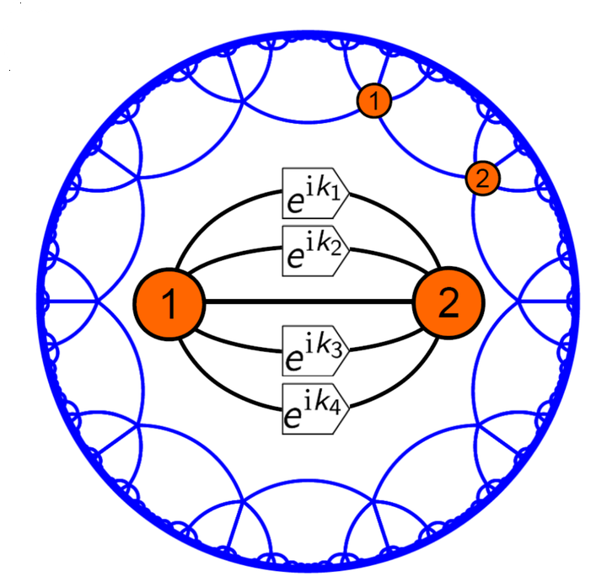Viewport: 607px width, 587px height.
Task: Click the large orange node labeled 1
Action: click(169, 304)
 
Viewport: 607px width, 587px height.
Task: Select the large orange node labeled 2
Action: click(449, 303)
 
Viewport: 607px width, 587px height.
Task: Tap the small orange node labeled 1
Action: click(374, 100)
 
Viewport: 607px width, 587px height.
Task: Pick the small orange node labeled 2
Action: click(483, 179)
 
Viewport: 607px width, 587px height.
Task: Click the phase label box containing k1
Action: click(315, 194)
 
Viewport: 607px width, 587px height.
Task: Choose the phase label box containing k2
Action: click(315, 251)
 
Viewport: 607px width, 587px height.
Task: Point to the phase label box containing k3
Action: click(315, 350)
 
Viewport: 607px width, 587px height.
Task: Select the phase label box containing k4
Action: click(315, 408)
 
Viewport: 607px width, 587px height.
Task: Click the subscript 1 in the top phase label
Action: click(336, 194)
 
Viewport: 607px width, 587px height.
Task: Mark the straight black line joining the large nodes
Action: click(309, 302)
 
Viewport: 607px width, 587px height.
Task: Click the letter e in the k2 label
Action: click(294, 257)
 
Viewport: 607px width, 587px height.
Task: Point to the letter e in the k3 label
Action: click(294, 360)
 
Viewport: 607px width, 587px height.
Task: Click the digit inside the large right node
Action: click(449, 303)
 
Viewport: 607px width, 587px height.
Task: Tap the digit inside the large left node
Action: click(169, 304)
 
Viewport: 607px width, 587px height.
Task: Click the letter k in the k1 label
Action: click(322, 187)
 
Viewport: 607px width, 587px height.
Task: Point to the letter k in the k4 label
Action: click(321, 402)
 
